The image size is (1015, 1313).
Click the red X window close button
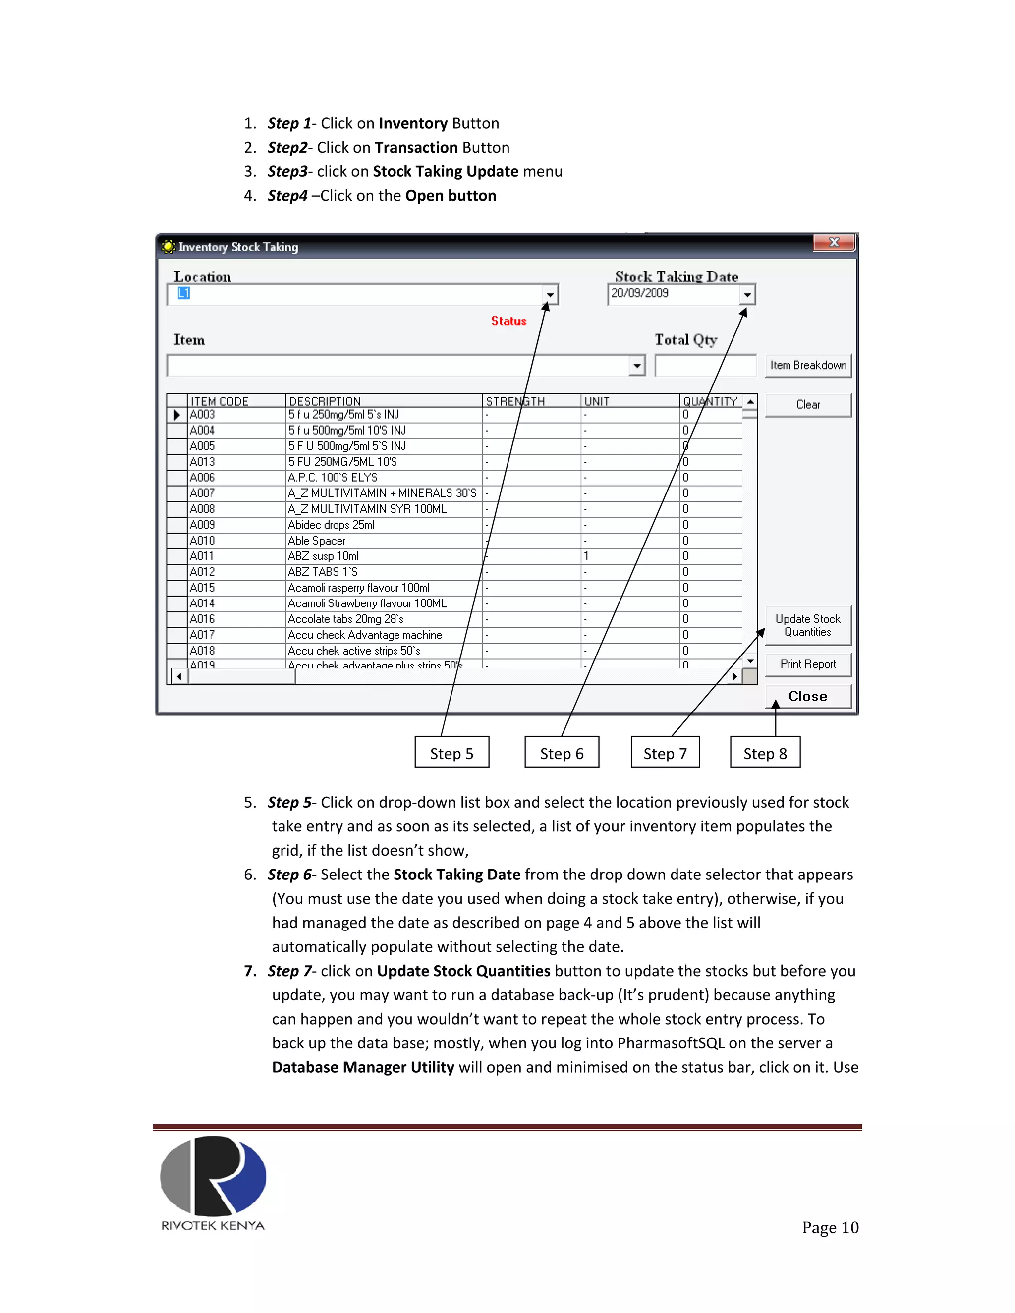tap(834, 242)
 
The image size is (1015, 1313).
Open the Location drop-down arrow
tap(550, 295)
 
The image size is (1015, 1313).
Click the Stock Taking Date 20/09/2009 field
tap(674, 294)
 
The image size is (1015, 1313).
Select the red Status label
tap(508, 321)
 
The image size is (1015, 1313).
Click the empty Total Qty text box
tap(705, 366)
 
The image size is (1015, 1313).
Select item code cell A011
tap(202, 556)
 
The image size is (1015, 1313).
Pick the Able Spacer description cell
tap(317, 541)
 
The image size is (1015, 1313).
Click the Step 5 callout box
tap(451, 753)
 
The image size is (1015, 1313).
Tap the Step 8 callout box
tap(765, 753)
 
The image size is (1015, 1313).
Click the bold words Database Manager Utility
tap(363, 1067)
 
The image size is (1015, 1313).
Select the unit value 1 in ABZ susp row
tap(586, 556)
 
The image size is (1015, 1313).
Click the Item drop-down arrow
tap(636, 366)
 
